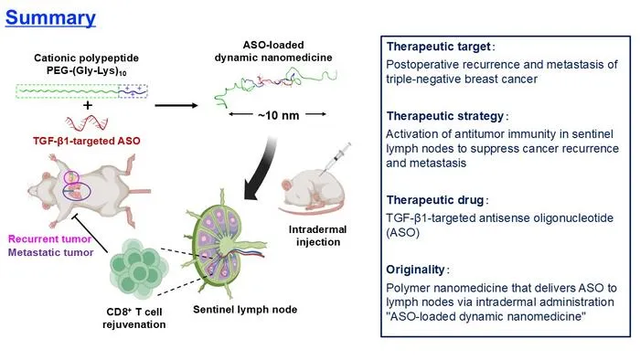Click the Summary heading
50,18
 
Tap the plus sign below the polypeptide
88,106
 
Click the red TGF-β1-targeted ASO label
87,141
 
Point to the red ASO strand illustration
87,122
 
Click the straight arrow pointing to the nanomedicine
176,106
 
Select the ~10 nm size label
278,116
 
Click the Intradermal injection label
317,236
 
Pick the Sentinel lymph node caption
245,310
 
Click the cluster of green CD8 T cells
139,268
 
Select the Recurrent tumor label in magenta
49,238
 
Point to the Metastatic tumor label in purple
50,252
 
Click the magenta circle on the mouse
71,171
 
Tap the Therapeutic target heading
438,47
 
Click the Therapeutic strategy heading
445,116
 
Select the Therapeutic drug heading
434,200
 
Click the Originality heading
415,270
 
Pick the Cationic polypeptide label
86,58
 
